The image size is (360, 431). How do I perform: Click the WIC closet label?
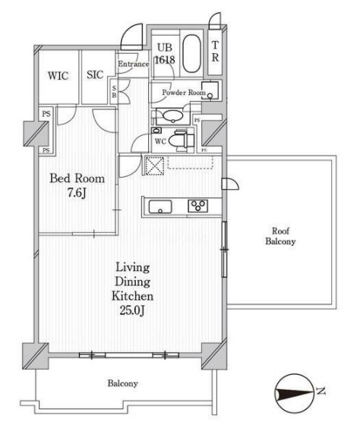[58, 76]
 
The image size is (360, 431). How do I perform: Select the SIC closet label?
[95, 75]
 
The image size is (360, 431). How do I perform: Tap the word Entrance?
[134, 64]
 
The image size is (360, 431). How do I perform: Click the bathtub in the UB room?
[191, 54]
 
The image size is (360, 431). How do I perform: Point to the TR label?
[215, 52]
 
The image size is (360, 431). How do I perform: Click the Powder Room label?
[184, 93]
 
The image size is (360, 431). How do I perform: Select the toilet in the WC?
[182, 140]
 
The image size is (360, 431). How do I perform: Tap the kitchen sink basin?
[160, 206]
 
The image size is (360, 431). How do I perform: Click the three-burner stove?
[198, 206]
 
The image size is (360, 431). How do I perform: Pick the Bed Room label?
[77, 178]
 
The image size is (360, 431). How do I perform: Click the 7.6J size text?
[77, 193]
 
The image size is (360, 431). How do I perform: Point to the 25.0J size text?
[132, 310]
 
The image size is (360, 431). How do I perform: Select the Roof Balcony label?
[280, 236]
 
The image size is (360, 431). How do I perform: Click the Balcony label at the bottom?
[123, 383]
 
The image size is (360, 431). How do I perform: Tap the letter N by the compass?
[321, 391]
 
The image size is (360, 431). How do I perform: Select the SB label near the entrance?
[114, 92]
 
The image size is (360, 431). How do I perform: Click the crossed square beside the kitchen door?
[155, 165]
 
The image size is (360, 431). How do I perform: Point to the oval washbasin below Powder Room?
[172, 116]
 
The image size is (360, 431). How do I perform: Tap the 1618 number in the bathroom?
[165, 60]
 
